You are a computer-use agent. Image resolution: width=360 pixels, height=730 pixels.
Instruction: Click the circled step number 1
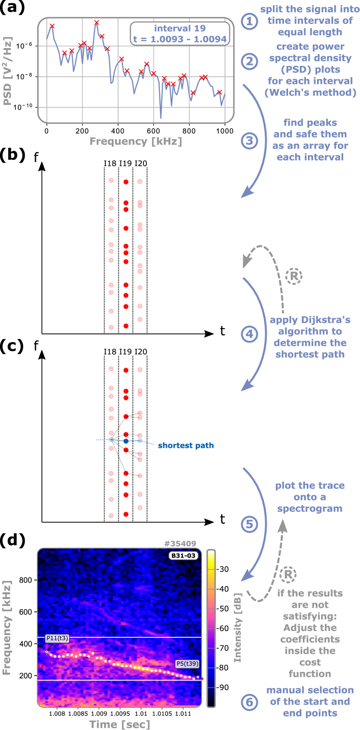point(249,21)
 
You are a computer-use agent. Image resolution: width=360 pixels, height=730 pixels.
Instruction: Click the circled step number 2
point(249,61)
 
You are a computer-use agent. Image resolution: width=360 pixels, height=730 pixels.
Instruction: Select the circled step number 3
point(249,140)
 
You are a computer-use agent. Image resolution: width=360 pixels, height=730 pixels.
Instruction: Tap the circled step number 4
point(249,334)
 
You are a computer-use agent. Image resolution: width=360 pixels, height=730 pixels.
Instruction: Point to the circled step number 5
point(249,524)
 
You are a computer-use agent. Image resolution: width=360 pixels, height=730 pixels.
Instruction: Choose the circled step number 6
point(249,701)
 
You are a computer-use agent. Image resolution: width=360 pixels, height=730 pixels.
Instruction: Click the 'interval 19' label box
point(180,34)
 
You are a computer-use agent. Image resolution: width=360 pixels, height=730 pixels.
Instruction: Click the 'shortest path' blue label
point(185,445)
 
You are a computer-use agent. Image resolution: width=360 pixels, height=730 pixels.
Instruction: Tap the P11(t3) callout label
point(57,638)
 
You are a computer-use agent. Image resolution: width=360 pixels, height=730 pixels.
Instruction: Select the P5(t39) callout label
point(187,663)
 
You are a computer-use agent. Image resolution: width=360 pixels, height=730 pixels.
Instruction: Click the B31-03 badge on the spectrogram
point(183,555)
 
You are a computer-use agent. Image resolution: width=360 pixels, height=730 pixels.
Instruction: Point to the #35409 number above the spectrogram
point(180,543)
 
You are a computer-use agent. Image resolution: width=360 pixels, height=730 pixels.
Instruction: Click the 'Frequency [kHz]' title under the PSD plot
point(136,141)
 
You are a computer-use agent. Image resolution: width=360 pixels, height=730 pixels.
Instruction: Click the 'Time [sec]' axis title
point(120,724)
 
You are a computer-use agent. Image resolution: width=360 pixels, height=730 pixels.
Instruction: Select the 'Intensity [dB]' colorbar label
point(237,627)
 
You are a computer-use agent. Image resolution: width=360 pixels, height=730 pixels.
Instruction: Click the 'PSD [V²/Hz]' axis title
point(7,71)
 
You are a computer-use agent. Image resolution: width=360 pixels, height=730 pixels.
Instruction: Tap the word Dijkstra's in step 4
point(310,320)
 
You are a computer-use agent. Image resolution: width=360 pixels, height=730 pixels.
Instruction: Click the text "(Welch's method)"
point(310,92)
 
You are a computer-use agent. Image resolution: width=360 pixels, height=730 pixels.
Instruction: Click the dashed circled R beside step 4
point(294,276)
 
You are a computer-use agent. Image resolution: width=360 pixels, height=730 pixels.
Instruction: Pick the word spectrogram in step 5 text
point(310,508)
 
